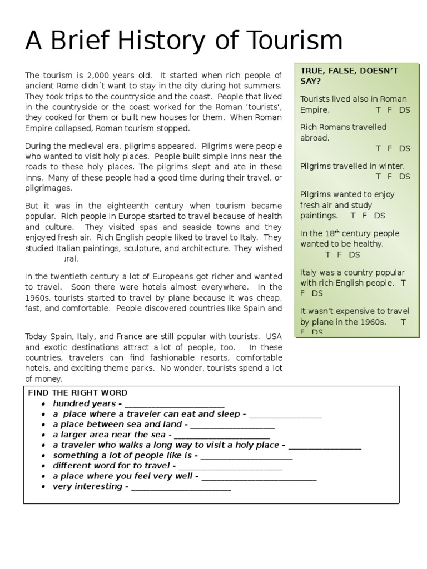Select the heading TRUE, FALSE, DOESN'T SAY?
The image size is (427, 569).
[x=350, y=76]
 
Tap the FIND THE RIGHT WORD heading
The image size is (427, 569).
[x=78, y=393]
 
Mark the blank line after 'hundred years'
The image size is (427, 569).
[x=175, y=404]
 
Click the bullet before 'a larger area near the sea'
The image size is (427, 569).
[x=43, y=435]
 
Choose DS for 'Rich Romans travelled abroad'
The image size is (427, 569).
[x=405, y=148]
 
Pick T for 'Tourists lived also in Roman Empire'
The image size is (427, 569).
[x=378, y=110]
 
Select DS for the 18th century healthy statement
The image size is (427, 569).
[x=354, y=254]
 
